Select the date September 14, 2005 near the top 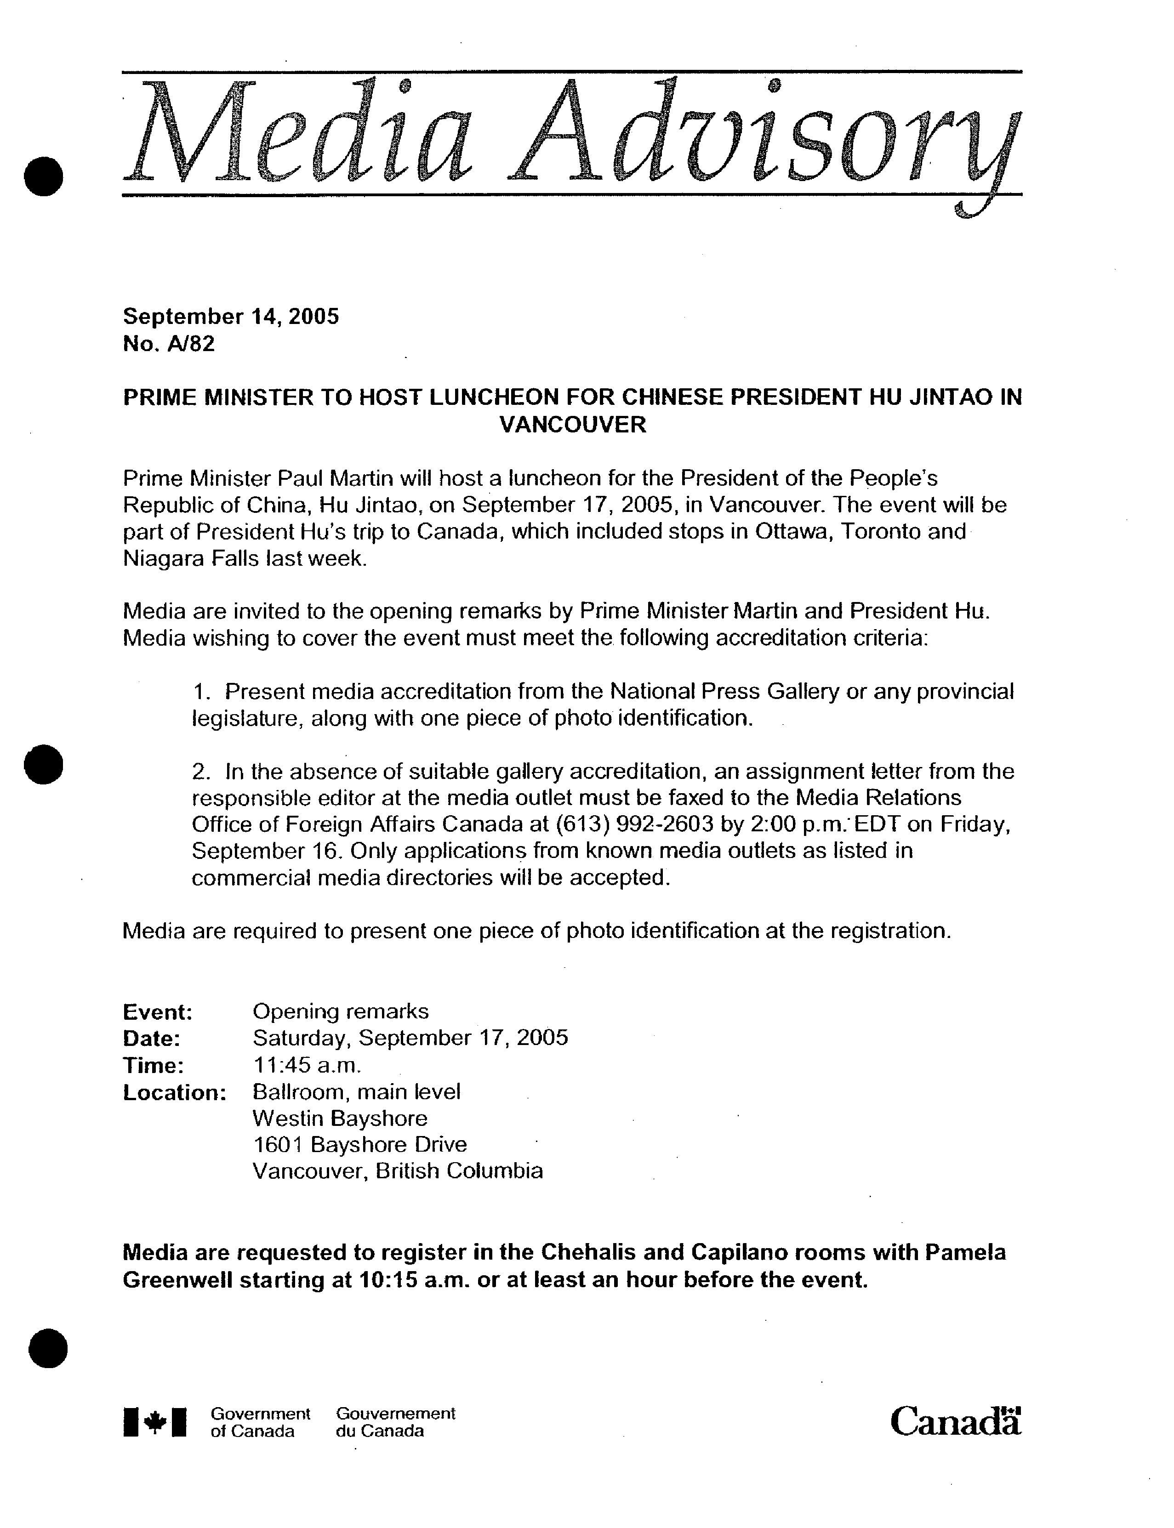tap(231, 317)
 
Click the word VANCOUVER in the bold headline tap(573, 424)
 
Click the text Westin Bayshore tap(340, 1118)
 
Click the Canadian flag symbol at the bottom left tap(155, 1422)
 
